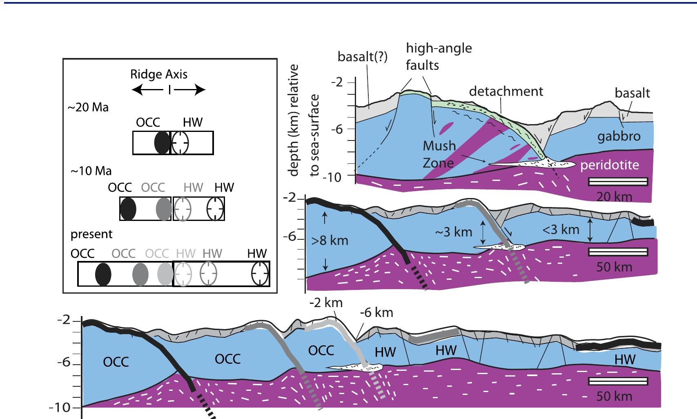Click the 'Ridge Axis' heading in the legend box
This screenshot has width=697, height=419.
tap(159, 74)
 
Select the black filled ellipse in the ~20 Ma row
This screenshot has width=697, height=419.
tap(162, 143)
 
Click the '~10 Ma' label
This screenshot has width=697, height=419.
tap(91, 171)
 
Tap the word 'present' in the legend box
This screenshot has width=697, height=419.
tap(91, 234)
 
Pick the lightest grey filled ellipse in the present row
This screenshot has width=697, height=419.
tap(165, 274)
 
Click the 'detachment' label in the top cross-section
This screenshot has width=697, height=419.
tap(506, 91)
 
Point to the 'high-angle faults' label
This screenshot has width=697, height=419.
tap(439, 56)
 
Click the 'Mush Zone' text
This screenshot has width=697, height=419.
tap(439, 154)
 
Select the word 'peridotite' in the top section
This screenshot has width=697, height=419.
tap(609, 165)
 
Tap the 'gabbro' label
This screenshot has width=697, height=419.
tap(619, 136)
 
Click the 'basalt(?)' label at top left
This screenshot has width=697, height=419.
tap(362, 57)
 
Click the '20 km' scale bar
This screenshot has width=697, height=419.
tap(618, 182)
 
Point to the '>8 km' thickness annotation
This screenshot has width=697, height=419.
tap(330, 241)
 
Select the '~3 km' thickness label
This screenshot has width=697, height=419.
tap(453, 232)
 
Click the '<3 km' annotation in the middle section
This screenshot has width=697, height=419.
tap(561, 230)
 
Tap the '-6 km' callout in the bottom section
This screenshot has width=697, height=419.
tap(376, 313)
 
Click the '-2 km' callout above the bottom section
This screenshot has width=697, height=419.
tap(325, 303)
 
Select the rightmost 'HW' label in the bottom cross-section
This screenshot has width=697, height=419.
tap(625, 359)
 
